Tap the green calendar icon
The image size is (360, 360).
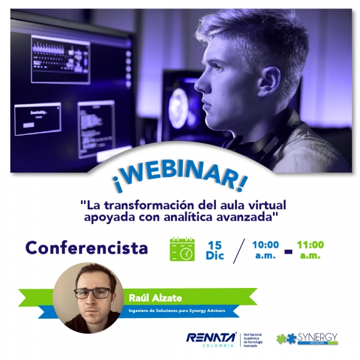click(182, 249)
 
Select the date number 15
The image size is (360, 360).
click(214, 245)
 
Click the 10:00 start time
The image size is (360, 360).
click(265, 245)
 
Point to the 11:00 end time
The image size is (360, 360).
click(310, 245)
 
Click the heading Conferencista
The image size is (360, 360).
click(86, 247)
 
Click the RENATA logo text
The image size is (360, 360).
click(211, 338)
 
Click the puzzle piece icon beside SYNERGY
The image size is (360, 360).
click(286, 339)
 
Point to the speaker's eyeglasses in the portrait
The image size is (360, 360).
click(92, 293)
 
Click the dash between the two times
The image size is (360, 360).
click(288, 251)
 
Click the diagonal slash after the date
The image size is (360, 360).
click(238, 250)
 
